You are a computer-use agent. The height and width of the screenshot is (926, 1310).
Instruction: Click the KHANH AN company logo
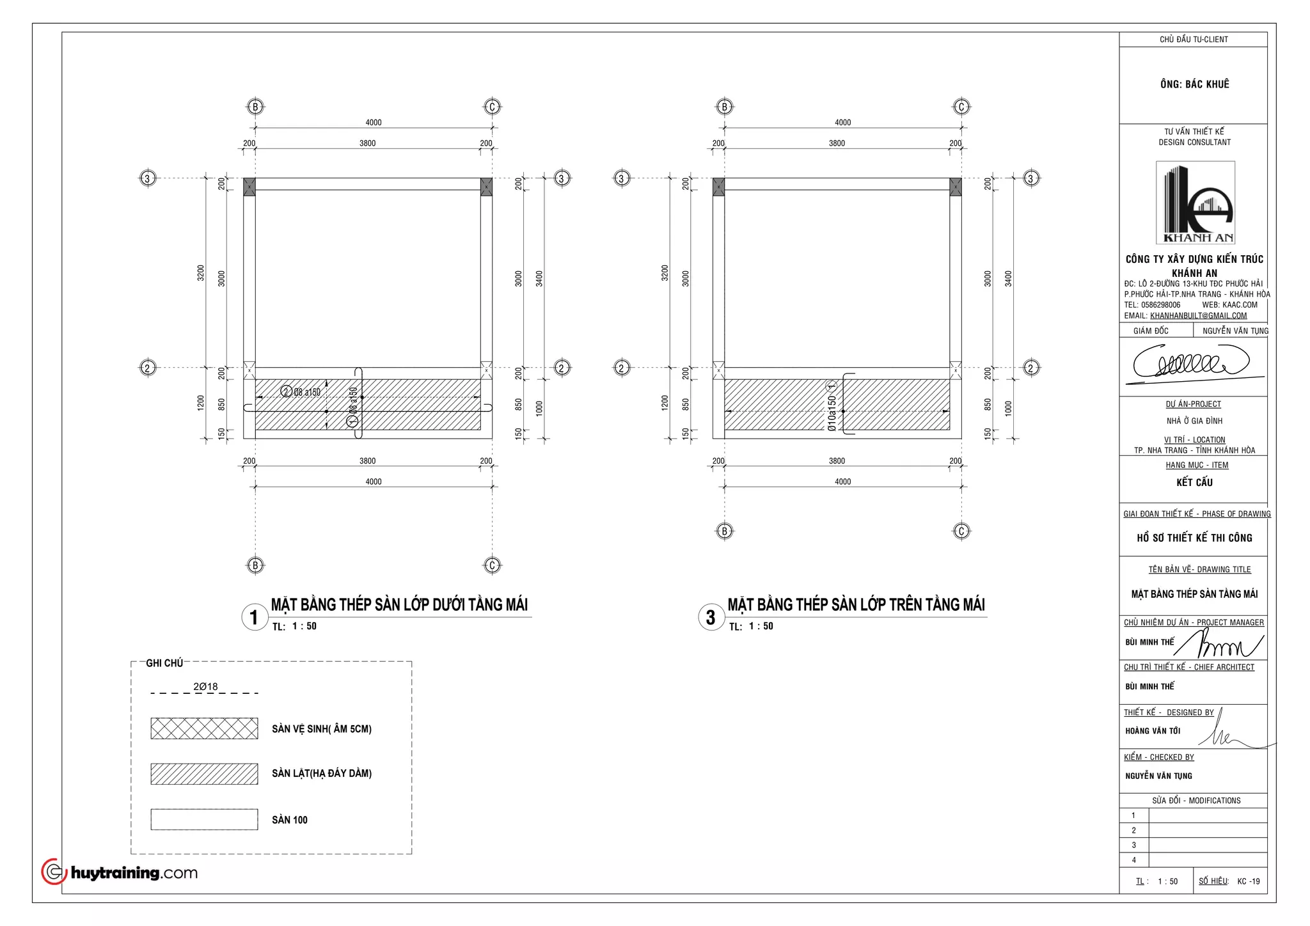1195,203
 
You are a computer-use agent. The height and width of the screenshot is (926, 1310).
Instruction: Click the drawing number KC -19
1248,881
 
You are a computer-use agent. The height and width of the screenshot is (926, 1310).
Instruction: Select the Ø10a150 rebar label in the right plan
832,413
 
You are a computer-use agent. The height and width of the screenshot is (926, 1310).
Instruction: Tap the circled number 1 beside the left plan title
254,617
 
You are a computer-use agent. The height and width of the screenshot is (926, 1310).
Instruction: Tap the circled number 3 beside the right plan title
711,617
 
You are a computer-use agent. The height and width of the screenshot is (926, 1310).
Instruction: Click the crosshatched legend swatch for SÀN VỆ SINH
204,728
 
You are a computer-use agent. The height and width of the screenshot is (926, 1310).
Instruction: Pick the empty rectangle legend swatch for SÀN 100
204,819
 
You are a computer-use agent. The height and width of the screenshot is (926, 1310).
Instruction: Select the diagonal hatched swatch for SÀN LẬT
204,774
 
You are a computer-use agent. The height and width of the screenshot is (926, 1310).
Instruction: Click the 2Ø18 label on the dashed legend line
205,686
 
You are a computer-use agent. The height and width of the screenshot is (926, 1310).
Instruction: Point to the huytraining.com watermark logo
120,872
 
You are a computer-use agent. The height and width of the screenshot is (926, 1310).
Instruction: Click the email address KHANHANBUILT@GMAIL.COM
1198,315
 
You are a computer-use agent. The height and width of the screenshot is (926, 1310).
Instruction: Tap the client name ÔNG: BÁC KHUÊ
1194,84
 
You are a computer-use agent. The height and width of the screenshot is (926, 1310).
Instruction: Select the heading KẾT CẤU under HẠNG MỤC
1194,482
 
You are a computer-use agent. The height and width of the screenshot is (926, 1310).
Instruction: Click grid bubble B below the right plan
724,531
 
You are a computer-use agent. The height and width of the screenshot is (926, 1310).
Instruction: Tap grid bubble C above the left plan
492,107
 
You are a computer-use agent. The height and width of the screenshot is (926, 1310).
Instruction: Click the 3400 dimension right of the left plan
539,278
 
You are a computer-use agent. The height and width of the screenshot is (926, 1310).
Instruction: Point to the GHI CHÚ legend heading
164,663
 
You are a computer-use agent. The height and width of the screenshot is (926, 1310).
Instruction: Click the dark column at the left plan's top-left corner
249,187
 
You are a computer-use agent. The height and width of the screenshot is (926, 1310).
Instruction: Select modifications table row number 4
1133,860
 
